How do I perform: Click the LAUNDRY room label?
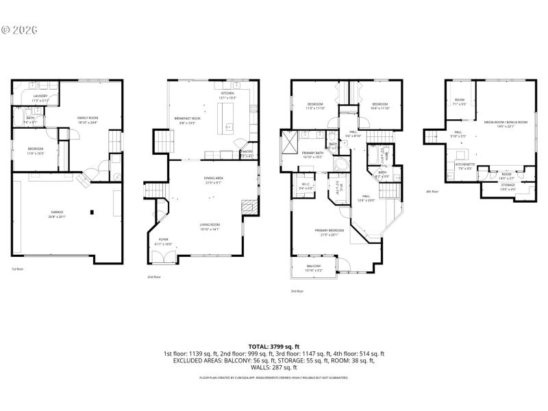(x=39, y=96)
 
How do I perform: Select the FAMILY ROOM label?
(x=88, y=118)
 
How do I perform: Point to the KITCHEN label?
(x=227, y=93)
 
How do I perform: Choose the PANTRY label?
(x=247, y=151)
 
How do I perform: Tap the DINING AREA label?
(x=213, y=179)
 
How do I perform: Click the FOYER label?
(x=163, y=239)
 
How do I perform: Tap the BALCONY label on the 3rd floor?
(x=314, y=266)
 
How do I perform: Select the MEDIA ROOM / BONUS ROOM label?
(x=506, y=122)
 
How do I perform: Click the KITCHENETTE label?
(x=464, y=164)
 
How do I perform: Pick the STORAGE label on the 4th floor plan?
(x=508, y=184)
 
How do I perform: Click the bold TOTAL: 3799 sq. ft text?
(x=273, y=347)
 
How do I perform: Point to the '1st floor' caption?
(x=18, y=269)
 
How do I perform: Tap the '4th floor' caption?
(x=432, y=192)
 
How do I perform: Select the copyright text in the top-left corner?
(x=18, y=30)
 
